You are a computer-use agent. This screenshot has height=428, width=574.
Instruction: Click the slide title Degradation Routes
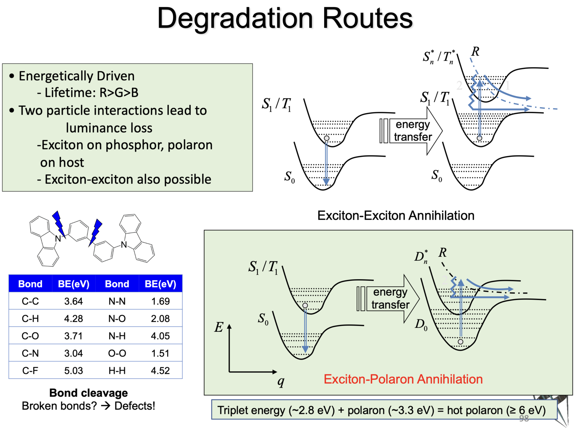coord(285,19)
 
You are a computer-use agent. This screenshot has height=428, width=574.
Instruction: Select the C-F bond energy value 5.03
coord(74,371)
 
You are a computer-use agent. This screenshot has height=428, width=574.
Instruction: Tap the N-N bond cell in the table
coord(117,301)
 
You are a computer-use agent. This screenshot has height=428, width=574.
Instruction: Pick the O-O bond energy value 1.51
coord(160,353)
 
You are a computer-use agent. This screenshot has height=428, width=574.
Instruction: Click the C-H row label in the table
coord(30,319)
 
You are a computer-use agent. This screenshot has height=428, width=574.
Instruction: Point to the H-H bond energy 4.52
coord(160,371)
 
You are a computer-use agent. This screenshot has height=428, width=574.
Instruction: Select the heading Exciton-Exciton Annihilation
coord(396,215)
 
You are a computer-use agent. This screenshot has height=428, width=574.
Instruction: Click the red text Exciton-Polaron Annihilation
coord(403,379)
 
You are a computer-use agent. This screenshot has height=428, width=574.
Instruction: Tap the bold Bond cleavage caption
coord(89,393)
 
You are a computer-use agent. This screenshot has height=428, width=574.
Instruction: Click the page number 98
coord(524,418)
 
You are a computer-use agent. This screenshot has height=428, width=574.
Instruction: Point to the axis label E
coord(218,327)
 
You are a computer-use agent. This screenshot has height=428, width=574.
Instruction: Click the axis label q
coord(281,381)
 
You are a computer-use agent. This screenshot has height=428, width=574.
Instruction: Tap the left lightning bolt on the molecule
coord(59,223)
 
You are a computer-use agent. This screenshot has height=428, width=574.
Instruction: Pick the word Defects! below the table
coord(135,406)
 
